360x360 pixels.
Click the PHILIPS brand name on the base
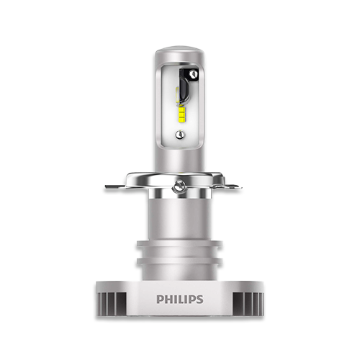click(x=180, y=300)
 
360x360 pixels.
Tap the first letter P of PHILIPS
click(x=160, y=300)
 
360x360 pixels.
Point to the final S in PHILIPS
click(x=199, y=300)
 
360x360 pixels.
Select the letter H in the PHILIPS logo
click(x=168, y=300)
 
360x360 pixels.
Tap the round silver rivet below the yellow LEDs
click(x=180, y=135)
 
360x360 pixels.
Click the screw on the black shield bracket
click(x=192, y=73)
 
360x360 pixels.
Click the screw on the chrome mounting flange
click(x=179, y=185)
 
